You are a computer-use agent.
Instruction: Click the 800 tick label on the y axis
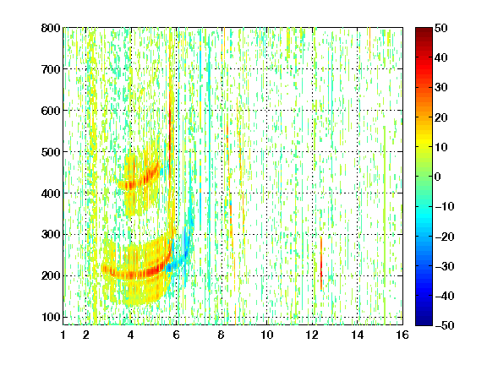(51, 28)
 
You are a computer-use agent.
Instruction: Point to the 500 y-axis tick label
(51, 152)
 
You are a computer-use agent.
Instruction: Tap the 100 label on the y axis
(51, 317)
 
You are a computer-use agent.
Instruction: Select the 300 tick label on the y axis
(51, 235)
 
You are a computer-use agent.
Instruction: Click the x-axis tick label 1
(63, 335)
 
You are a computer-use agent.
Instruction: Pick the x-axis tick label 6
(176, 335)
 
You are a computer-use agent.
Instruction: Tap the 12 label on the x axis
(312, 335)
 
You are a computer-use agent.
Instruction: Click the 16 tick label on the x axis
(402, 335)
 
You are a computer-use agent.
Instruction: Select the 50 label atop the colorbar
(440, 28)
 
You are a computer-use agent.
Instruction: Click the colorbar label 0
(438, 177)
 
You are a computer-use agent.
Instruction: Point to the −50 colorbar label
(444, 325)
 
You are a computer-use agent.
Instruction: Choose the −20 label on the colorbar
(444, 237)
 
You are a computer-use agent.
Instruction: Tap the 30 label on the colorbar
(440, 88)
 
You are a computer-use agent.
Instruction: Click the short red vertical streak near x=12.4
(320, 264)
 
